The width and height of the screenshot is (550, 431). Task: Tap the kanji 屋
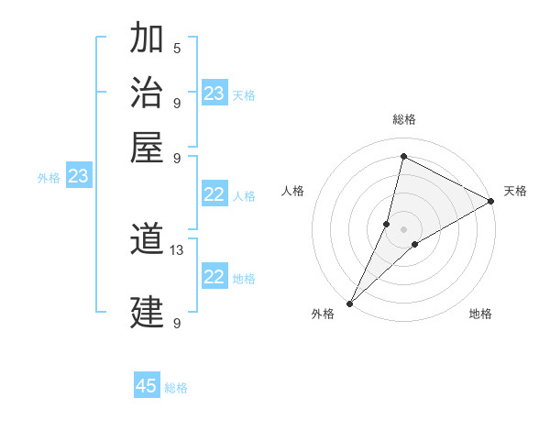[147, 146]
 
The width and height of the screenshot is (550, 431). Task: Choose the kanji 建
[147, 313]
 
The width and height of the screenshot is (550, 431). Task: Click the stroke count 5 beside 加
[177, 48]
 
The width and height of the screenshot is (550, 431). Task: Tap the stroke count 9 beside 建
[177, 323]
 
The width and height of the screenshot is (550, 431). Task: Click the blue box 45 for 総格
[147, 386]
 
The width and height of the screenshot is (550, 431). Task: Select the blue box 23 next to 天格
[214, 94]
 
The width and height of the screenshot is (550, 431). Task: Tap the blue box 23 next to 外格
[78, 176]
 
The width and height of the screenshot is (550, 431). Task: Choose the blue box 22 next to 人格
[214, 194]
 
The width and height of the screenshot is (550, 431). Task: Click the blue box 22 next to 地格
[214, 277]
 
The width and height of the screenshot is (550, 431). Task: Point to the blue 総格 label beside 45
[176, 387]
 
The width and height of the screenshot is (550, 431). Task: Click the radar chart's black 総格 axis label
[404, 120]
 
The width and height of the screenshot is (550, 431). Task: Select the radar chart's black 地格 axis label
[480, 315]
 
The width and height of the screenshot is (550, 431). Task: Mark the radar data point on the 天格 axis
[491, 202]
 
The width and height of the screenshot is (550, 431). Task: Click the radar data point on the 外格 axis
[350, 303]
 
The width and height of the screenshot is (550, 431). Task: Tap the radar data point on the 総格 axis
[403, 157]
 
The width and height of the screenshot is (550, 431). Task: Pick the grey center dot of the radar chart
[403, 229]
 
